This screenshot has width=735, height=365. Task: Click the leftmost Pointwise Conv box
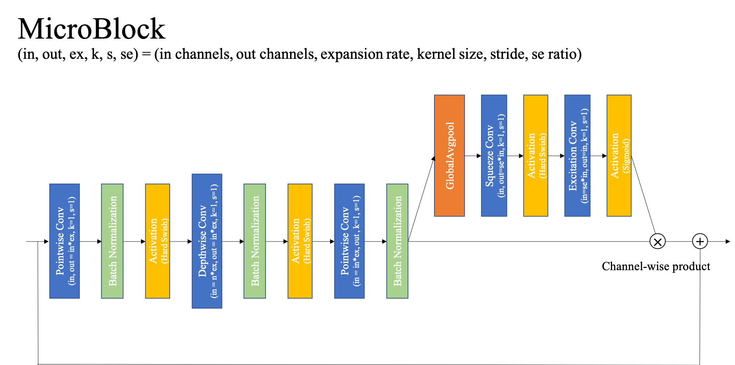coord(64,241)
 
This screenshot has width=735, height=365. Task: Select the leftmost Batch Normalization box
coord(112,241)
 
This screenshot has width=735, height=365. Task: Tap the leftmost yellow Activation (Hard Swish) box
coord(157,241)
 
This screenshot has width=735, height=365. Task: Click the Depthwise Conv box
coord(207,241)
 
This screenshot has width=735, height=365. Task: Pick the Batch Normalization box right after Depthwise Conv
coord(254,241)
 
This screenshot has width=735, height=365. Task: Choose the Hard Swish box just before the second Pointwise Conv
coord(300,241)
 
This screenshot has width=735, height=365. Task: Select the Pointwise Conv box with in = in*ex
coord(349,241)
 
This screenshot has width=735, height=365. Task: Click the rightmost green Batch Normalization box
coord(397,241)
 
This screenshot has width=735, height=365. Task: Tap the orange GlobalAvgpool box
coord(449,155)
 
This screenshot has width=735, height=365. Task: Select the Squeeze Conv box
coord(494,155)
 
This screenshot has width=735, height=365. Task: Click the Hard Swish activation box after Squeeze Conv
coord(536,155)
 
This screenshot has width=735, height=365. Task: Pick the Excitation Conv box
coord(577,155)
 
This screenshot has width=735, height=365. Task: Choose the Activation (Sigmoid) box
coord(619,155)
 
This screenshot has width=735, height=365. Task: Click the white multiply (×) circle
coord(658,241)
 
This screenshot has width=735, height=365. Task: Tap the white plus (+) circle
coord(700,241)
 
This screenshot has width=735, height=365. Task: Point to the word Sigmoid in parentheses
coord(626,155)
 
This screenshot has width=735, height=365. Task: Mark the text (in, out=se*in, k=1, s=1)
coord(501,155)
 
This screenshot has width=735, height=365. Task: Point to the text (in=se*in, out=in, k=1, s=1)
coord(584,155)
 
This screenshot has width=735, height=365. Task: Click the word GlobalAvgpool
coord(450,155)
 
